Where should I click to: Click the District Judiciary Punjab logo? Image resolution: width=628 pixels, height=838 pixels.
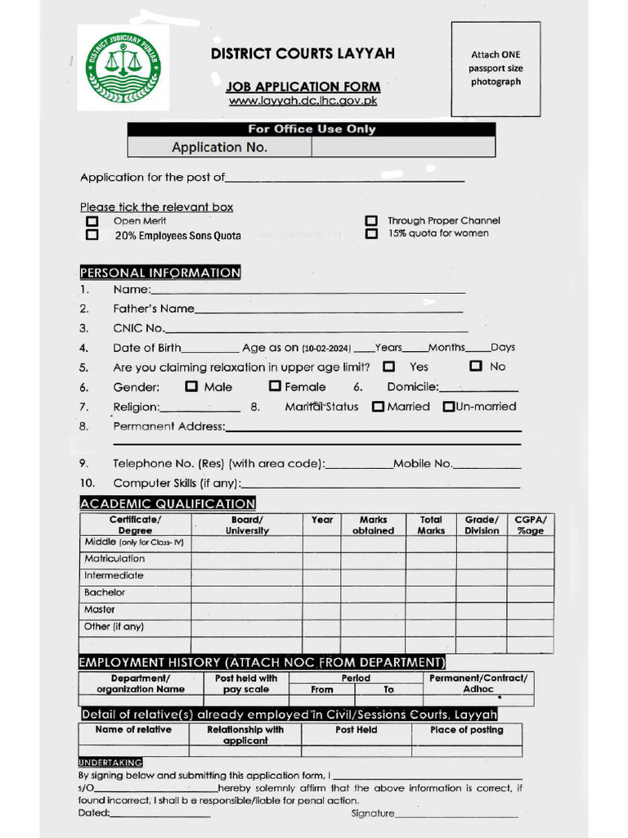[x=123, y=67]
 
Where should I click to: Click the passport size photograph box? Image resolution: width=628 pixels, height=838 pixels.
[x=496, y=70]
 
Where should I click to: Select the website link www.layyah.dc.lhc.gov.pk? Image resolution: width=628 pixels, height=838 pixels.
[x=303, y=101]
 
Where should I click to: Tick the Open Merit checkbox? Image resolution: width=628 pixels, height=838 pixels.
[x=92, y=221]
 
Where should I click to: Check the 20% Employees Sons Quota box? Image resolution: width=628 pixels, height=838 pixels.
[x=92, y=235]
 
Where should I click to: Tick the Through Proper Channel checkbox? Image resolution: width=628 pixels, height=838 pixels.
[x=371, y=221]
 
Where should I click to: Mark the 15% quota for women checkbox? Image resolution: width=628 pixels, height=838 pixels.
[x=371, y=234]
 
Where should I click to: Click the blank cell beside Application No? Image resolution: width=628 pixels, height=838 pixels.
[x=403, y=147]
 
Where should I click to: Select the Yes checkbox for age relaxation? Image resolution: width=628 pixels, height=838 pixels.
[x=389, y=367]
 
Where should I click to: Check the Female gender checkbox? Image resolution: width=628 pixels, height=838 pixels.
[x=276, y=386]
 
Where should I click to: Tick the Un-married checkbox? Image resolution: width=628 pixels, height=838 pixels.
[x=448, y=407]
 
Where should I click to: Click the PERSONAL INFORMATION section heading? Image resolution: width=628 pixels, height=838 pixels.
[x=160, y=273]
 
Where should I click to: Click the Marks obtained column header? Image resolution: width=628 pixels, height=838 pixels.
[x=373, y=525]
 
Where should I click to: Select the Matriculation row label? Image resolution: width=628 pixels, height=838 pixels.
[x=114, y=559]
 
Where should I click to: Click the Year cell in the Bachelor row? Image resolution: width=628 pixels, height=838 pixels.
[x=322, y=593]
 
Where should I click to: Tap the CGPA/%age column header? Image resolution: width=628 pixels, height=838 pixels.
[x=530, y=525]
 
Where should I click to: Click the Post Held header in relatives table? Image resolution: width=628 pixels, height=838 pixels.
[x=356, y=730]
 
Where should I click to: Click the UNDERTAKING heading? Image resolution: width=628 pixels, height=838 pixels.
[x=110, y=762]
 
